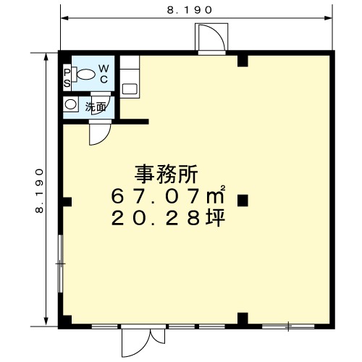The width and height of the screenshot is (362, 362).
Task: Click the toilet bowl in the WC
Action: click(84, 74)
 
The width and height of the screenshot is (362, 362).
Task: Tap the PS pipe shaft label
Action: click(67, 78)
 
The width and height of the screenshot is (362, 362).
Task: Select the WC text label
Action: click(104, 74)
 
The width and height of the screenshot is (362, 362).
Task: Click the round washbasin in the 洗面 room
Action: click(70, 104)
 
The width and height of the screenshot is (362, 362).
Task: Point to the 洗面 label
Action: click(96, 107)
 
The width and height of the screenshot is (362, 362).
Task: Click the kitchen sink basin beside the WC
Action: click(130, 89)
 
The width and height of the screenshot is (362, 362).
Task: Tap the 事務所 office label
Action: click(166, 174)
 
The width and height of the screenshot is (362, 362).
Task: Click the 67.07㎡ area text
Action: click(168, 195)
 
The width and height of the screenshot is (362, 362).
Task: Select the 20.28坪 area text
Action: click(168, 218)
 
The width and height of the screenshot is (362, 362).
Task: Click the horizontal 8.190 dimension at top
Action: click(190, 10)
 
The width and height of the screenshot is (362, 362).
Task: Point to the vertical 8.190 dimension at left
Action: click(39, 190)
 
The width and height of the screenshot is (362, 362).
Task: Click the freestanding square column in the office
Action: click(243, 201)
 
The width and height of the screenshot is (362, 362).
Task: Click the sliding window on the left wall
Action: click(61, 264)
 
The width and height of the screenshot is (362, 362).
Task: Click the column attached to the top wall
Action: click(243, 61)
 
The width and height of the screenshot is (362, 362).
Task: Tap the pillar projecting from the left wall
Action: click(67, 202)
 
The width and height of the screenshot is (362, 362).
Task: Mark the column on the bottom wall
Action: click(243, 319)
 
